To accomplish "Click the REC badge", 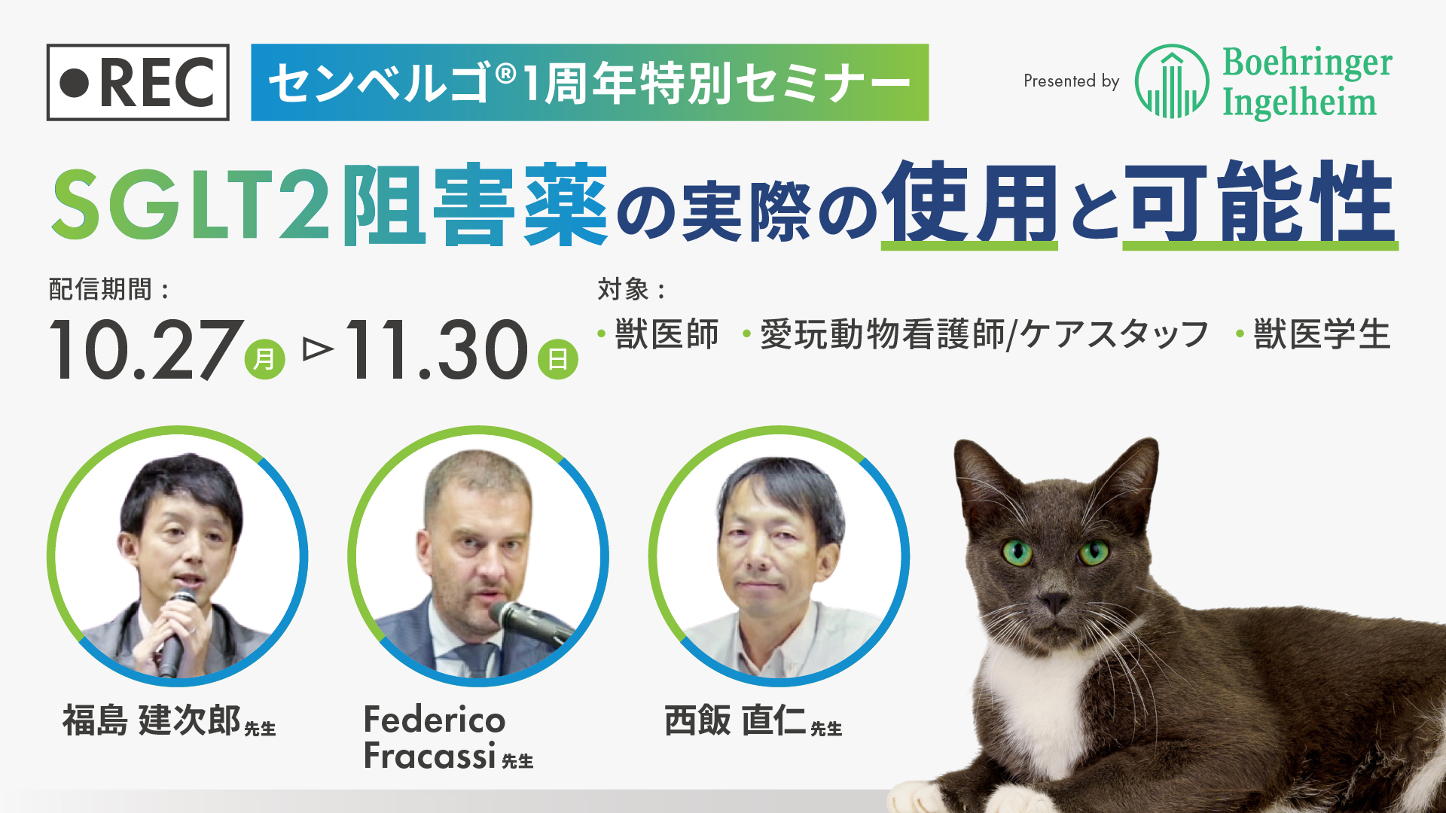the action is (138, 82).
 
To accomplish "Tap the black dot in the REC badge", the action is (75, 83).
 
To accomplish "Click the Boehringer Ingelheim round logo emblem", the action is (1172, 81).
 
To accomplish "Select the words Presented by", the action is (1071, 81).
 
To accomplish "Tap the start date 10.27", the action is (146, 349).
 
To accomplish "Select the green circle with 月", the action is (264, 359).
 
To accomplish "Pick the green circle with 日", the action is (557, 359).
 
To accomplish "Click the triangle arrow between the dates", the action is (318, 349).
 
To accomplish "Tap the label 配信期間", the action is (100, 289).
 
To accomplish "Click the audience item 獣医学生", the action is (1322, 334).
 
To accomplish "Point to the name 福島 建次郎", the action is (151, 720).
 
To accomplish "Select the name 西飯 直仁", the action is (735, 720).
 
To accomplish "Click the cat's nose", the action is (1054, 602).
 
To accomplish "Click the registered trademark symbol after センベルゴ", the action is (506, 73).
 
